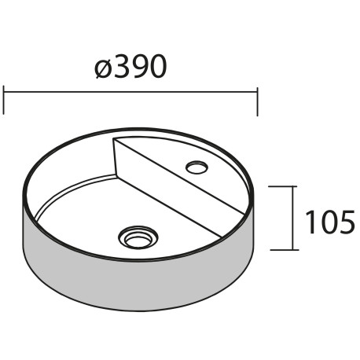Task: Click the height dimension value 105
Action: tap(329, 222)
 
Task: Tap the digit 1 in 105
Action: tap(310, 222)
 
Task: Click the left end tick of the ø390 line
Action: tap(5, 101)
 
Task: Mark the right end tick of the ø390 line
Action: tap(257, 101)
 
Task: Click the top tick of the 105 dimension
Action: tap(282, 186)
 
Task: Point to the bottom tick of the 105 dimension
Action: tap(282, 250)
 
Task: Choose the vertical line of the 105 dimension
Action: tap(293, 219)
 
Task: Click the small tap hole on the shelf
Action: tap(195, 166)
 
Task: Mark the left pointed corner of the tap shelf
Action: tap(115, 141)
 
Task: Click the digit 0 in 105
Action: tap(328, 222)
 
